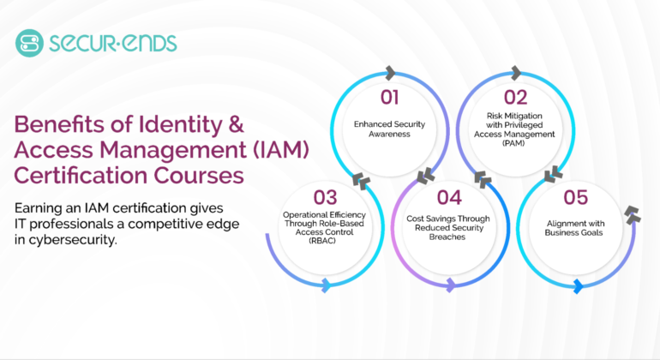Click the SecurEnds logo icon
(29, 42)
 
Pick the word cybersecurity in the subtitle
(72, 241)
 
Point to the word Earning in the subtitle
(39, 207)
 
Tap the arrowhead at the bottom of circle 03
(325, 285)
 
